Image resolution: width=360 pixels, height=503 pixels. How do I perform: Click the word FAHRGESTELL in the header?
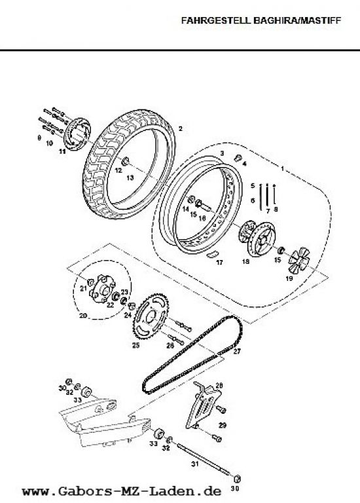point(217,21)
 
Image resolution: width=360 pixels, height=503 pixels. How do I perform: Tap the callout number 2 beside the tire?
point(181,129)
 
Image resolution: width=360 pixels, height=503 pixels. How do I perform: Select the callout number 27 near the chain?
point(236,351)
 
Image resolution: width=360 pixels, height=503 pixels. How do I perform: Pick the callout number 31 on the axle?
point(195,464)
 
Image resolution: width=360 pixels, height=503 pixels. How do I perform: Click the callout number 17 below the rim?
point(219,263)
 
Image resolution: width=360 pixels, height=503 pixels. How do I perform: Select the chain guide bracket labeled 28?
point(203,406)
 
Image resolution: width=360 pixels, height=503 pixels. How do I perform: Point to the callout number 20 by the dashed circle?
point(83,316)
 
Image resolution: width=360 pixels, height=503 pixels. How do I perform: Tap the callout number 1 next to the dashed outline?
point(282,169)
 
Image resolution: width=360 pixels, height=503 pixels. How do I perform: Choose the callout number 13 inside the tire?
point(130,178)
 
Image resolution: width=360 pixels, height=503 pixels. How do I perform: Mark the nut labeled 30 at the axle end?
point(236,479)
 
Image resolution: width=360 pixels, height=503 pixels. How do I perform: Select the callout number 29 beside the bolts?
point(223,425)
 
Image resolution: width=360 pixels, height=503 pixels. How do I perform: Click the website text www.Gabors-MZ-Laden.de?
point(122,491)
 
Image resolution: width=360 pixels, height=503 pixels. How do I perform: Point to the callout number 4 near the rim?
point(245,164)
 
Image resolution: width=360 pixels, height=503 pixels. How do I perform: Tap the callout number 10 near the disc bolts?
point(49,143)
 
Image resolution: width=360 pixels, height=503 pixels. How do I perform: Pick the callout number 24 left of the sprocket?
point(128,315)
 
